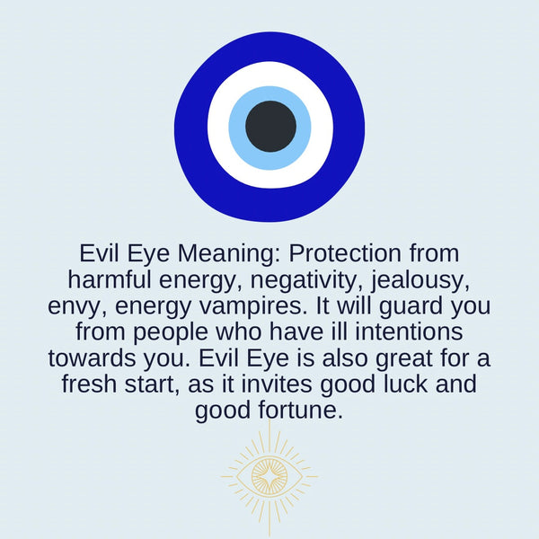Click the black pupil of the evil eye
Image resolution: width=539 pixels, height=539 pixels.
270,126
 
